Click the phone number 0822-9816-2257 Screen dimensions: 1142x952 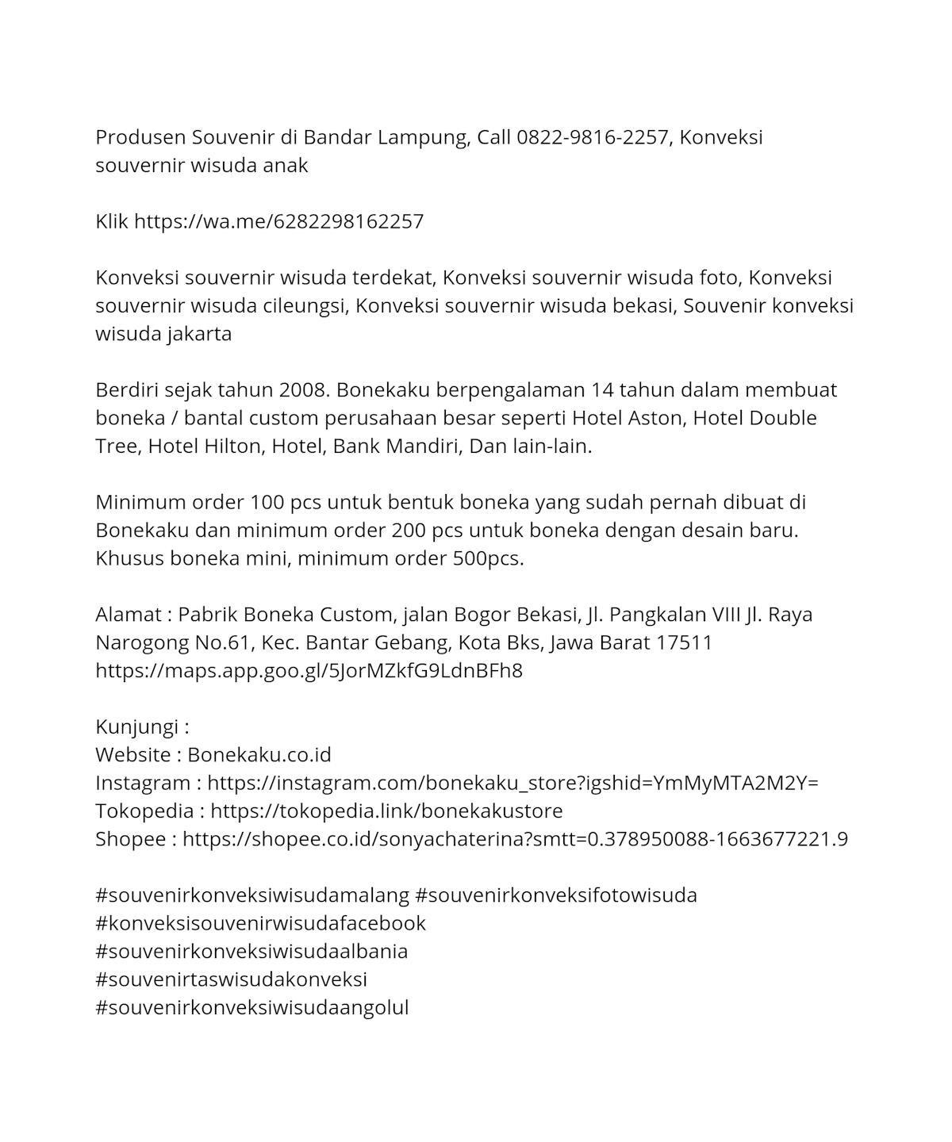click(593, 137)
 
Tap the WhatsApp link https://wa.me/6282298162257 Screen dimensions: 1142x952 click(278, 221)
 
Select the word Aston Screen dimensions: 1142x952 click(655, 418)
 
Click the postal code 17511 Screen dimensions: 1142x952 click(684, 642)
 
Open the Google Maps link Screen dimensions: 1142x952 click(309, 671)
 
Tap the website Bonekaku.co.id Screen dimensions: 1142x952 click(259, 755)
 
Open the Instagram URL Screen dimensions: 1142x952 click(512, 783)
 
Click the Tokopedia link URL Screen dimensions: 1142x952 click(386, 811)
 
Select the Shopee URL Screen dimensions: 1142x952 click(515, 839)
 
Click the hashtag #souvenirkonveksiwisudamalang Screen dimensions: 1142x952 click(251, 895)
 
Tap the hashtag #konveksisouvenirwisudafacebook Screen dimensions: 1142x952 click(260, 923)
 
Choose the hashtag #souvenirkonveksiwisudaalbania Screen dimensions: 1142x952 click(251, 952)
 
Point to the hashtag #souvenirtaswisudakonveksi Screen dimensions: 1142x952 click(231, 979)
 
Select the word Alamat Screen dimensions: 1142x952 click(129, 615)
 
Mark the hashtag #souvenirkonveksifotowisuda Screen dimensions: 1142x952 click(556, 895)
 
